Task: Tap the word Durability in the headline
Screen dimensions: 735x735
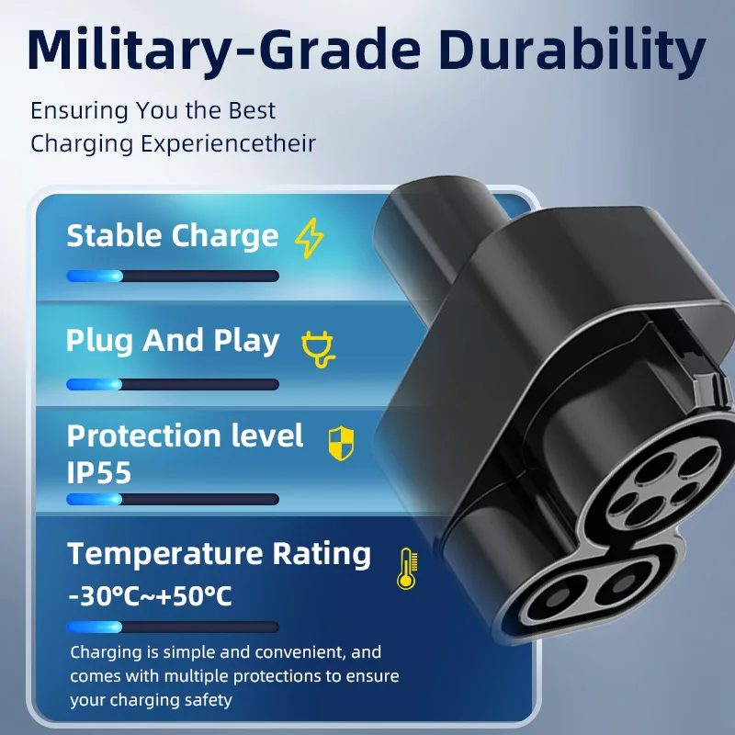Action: click(x=571, y=51)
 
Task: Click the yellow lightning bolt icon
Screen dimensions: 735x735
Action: click(x=310, y=238)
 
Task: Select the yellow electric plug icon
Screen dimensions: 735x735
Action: click(x=318, y=349)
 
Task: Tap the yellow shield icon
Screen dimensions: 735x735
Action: click(x=341, y=444)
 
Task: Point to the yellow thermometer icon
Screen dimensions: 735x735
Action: click(x=407, y=568)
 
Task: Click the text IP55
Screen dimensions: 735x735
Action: click(x=99, y=472)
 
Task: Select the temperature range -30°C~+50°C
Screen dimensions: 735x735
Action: click(x=150, y=596)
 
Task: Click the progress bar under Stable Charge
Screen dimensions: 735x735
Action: click(x=173, y=277)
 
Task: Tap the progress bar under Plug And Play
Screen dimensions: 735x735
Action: click(x=173, y=385)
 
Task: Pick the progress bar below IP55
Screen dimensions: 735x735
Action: click(x=173, y=499)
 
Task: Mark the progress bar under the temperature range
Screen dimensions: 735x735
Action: click(x=173, y=627)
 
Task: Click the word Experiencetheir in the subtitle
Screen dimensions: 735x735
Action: click(x=228, y=144)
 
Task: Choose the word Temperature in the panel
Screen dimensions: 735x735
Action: click(x=165, y=555)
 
